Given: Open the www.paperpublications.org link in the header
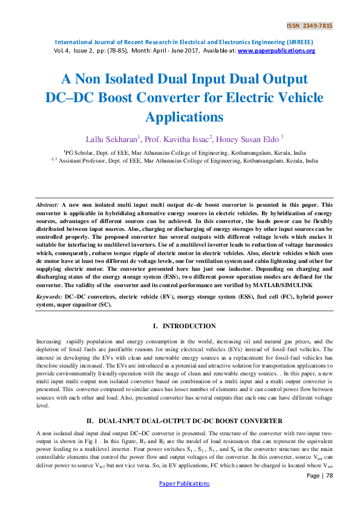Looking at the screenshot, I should click(x=277, y=51).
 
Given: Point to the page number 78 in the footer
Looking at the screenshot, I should click(x=329, y=475).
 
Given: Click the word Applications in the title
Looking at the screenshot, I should click(x=180, y=116).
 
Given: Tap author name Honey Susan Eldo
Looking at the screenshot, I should click(x=247, y=138).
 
